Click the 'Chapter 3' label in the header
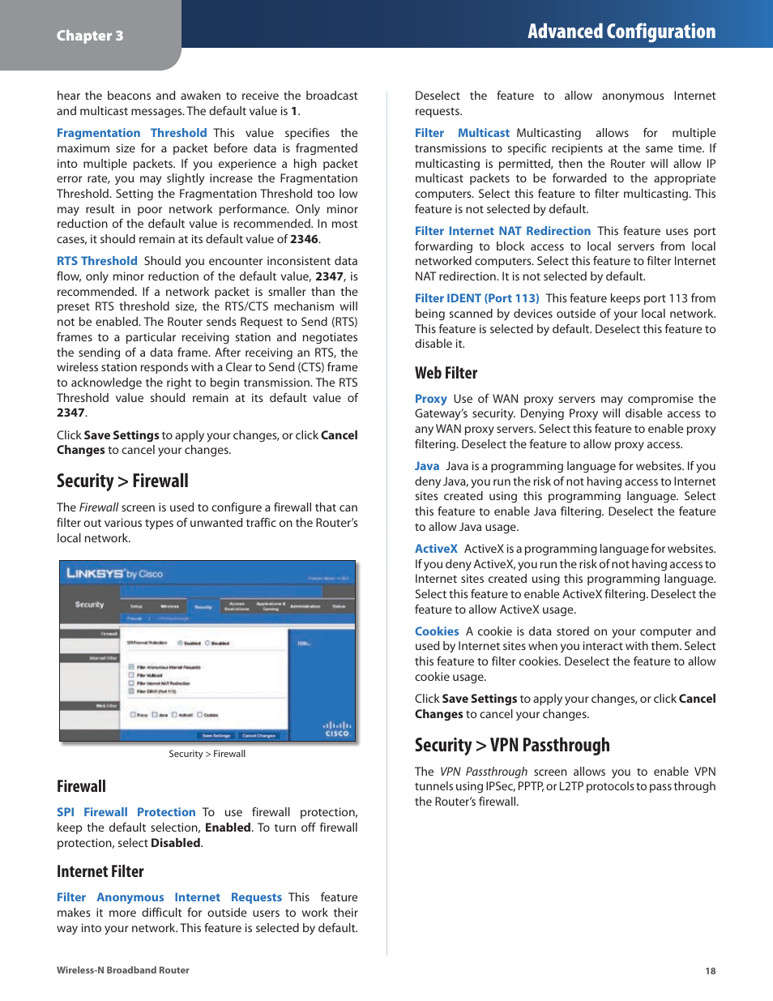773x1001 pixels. click(90, 36)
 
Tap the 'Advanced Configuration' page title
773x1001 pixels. click(621, 32)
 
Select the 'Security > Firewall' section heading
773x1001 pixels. click(122, 481)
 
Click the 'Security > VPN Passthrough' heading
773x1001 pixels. click(512, 745)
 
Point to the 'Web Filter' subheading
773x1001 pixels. click(446, 373)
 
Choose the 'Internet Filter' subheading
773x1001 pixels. click(100, 871)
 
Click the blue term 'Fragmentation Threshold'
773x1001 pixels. click(132, 133)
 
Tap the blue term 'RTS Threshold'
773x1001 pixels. click(97, 261)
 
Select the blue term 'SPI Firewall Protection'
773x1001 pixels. click(126, 812)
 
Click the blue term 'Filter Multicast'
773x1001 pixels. click(462, 133)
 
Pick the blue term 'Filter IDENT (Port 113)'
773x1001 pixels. click(476, 298)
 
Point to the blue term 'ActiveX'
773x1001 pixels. click(436, 549)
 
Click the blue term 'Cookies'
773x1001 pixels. click(437, 631)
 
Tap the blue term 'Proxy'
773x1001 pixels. click(431, 399)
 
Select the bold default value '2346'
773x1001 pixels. click(304, 239)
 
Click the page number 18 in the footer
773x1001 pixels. click(711, 971)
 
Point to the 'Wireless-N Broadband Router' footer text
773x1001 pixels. click(123, 970)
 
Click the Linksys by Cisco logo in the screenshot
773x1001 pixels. click(114, 574)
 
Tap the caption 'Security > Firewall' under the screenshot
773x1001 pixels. click(207, 754)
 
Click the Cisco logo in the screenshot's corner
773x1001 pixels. click(337, 729)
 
